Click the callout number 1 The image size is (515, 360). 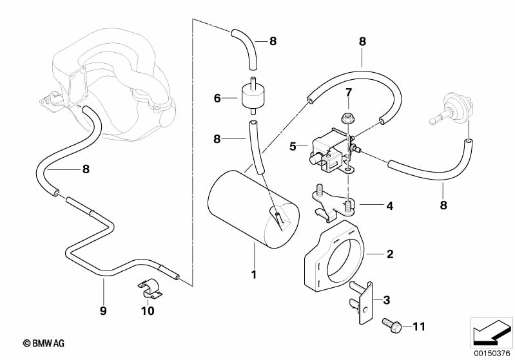click(254, 275)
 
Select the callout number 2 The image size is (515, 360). click(389, 254)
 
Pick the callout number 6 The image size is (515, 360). click(217, 99)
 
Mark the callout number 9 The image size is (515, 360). click(102, 310)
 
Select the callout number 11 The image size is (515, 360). click(419, 327)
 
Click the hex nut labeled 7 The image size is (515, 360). click(346, 117)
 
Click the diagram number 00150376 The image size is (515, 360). click(492, 352)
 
